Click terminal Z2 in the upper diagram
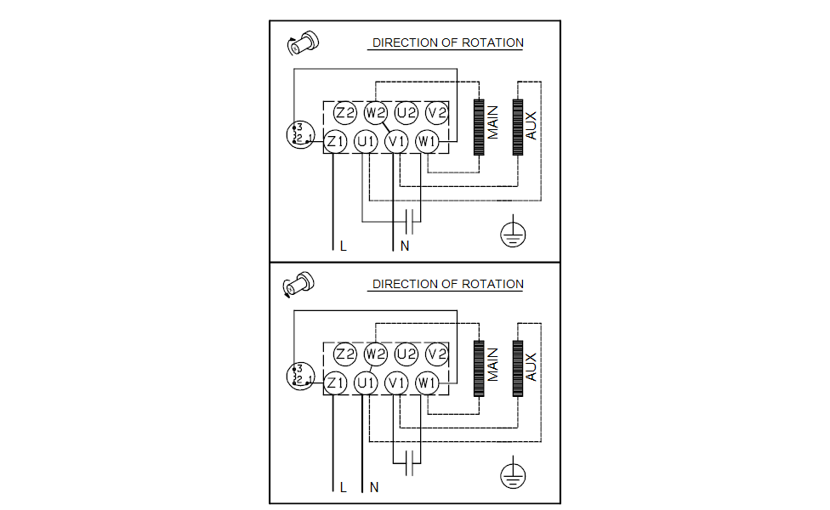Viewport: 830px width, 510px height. tap(344, 113)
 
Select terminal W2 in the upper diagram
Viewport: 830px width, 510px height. tap(375, 113)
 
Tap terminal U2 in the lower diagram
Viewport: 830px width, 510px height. tap(406, 354)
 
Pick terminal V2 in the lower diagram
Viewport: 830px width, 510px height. tap(437, 354)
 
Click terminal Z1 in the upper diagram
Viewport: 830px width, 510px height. tap(334, 141)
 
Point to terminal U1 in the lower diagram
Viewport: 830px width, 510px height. tap(365, 383)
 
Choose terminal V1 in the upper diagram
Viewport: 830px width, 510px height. tap(396, 141)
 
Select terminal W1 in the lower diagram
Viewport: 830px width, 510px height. tap(427, 383)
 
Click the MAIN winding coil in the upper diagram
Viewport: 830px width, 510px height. tap(479, 128)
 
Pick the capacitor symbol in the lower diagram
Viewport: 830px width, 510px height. tap(411, 462)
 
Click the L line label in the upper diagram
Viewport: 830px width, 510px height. tap(343, 246)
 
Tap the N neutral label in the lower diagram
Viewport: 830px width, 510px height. tap(374, 488)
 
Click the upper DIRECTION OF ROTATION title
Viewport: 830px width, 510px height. tap(447, 42)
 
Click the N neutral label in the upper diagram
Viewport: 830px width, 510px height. tap(405, 246)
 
